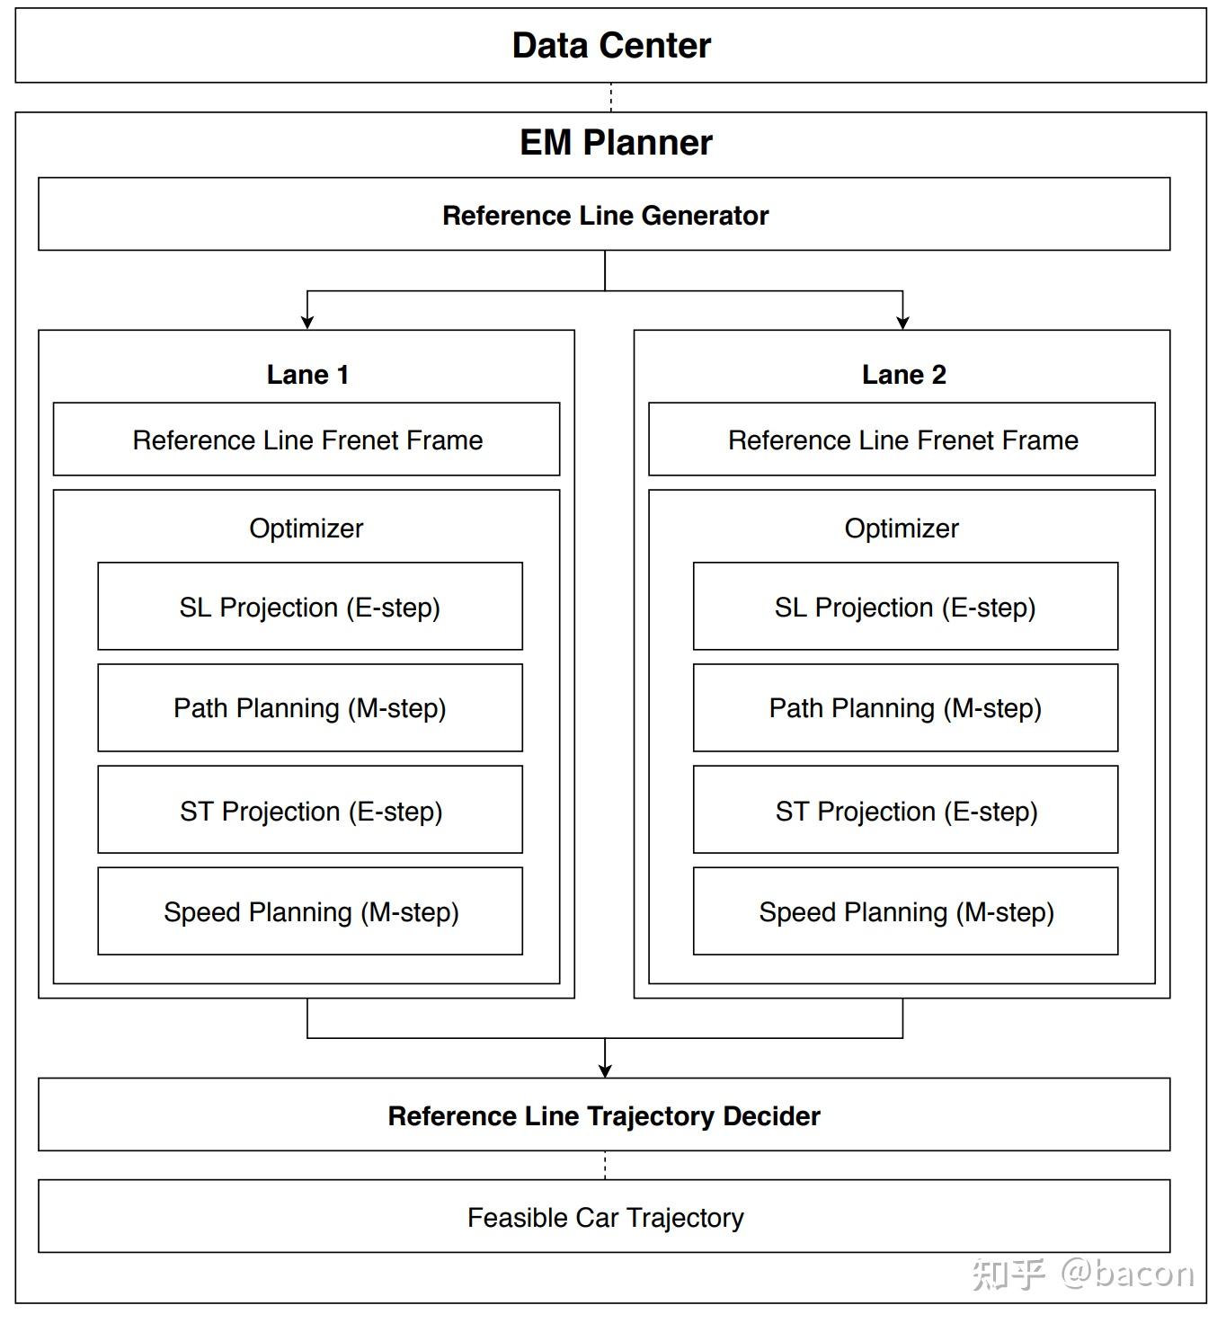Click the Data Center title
pos(611,46)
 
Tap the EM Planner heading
pos(616,143)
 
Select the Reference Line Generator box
pos(604,215)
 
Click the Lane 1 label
pos(307,375)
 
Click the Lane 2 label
pos(903,375)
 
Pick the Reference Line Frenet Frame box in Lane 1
pos(306,440)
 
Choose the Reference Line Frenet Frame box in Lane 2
pos(902,440)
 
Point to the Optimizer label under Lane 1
pos(306,528)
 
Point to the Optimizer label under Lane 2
pos(902,528)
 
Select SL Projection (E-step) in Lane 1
pos(310,607)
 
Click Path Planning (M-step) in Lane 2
pos(905,708)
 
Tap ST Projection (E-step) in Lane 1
pos(310,811)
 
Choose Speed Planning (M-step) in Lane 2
pos(905,911)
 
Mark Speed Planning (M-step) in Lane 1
pos(310,911)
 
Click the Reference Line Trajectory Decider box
pos(604,1115)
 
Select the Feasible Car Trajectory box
pos(604,1217)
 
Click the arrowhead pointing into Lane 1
pos(307,322)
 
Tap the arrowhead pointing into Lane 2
pos(902,322)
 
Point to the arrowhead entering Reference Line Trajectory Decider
pos(605,1070)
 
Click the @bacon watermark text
pos(1127,1274)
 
